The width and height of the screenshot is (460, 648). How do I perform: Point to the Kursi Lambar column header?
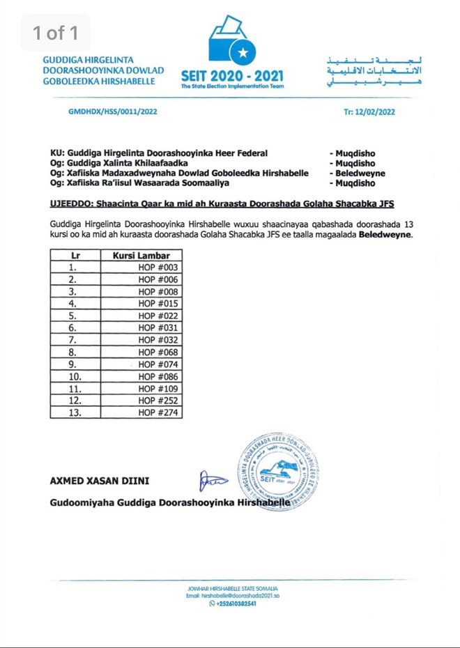(x=141, y=255)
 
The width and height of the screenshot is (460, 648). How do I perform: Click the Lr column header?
(x=75, y=255)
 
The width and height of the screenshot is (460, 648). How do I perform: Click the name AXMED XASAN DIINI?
(x=100, y=481)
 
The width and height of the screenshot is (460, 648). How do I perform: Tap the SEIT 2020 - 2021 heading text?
(x=232, y=75)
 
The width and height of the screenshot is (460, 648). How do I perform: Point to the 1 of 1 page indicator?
(x=56, y=32)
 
